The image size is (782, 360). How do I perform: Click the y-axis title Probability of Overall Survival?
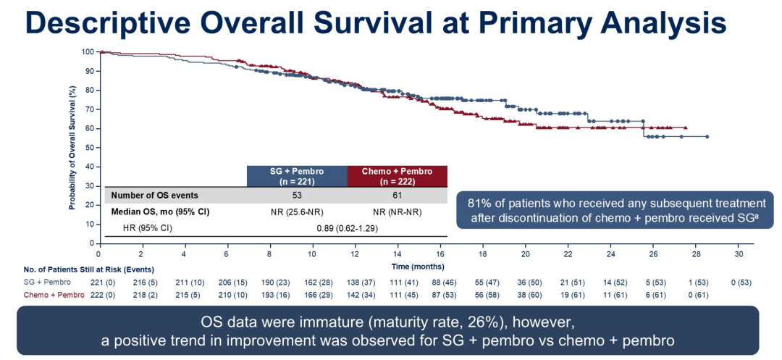[73, 147]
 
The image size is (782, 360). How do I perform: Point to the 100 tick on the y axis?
[88, 52]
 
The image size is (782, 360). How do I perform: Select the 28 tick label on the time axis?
[696, 254]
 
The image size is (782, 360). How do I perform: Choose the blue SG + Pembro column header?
[297, 176]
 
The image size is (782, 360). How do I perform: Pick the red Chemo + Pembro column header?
[398, 176]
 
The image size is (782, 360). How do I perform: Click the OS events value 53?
[297, 196]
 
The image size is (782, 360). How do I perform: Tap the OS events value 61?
[398, 196]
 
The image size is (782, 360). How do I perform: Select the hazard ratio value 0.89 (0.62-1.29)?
[348, 228]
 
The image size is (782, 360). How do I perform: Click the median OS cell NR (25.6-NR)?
[297, 212]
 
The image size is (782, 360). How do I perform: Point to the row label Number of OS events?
[154, 196]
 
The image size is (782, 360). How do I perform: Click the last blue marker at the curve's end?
[707, 136]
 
